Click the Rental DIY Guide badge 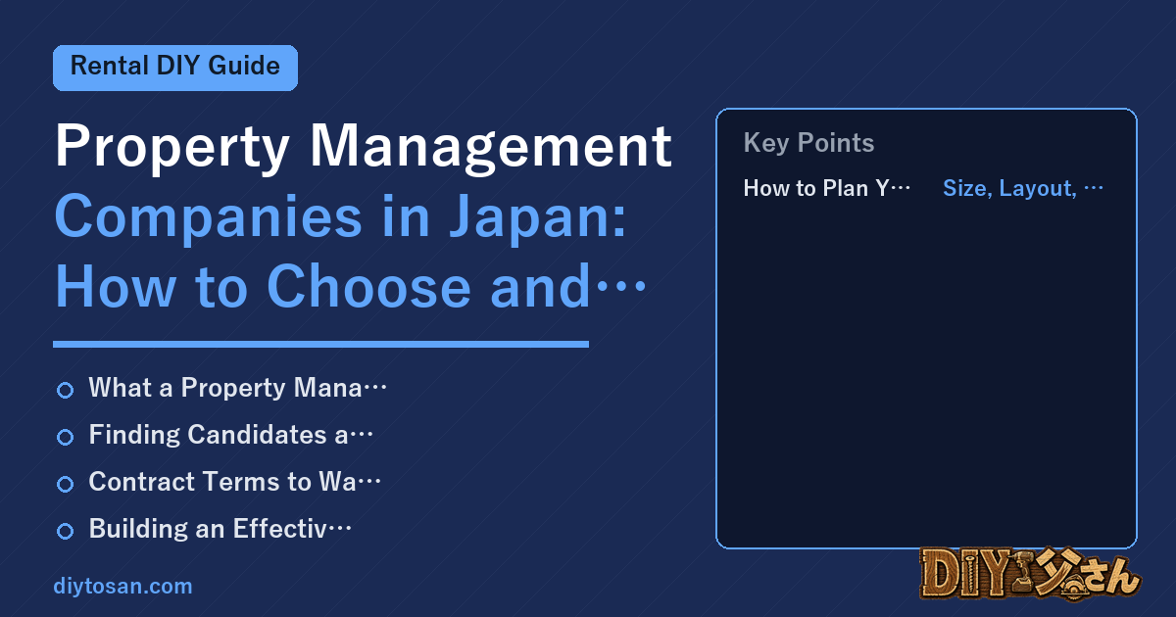(175, 68)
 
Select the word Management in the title (491, 146)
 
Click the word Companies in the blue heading (209, 217)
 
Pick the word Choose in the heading (369, 287)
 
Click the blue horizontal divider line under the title (320, 344)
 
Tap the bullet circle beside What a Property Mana (65, 390)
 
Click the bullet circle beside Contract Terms (65, 484)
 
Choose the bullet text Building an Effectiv (209, 528)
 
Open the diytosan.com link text (122, 586)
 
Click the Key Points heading (808, 143)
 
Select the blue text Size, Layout (1009, 188)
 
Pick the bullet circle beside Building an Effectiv (65, 531)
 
